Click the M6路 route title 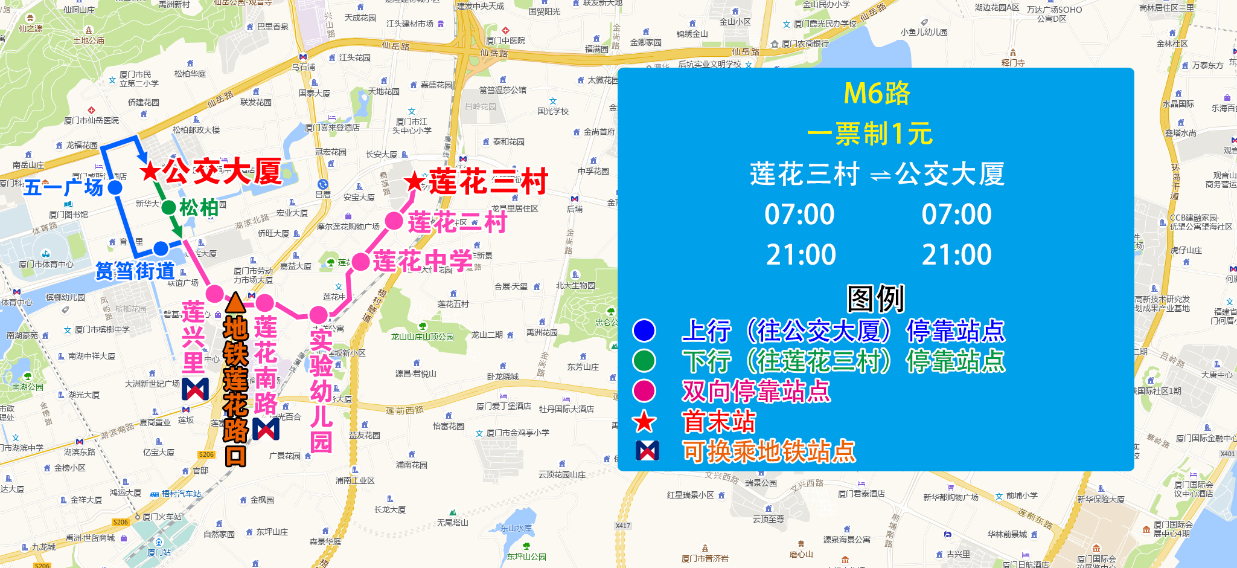click(877, 94)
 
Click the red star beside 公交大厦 click(150, 172)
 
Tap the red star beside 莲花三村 click(415, 181)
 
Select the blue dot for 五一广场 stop click(115, 187)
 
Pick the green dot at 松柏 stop click(168, 207)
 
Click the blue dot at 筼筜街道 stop click(161, 248)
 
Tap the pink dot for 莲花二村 click(394, 221)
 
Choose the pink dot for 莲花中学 click(360, 262)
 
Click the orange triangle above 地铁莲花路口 click(235, 302)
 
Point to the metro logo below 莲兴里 click(195, 389)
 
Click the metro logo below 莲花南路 click(266, 428)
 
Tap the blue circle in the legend click(644, 331)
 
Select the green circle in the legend click(644, 361)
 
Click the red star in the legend click(644, 421)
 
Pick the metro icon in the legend click(647, 451)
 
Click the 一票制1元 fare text click(870, 134)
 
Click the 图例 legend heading click(875, 299)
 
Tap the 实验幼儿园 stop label click(321, 391)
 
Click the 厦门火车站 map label click(162, 517)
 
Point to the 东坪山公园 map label click(526, 557)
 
